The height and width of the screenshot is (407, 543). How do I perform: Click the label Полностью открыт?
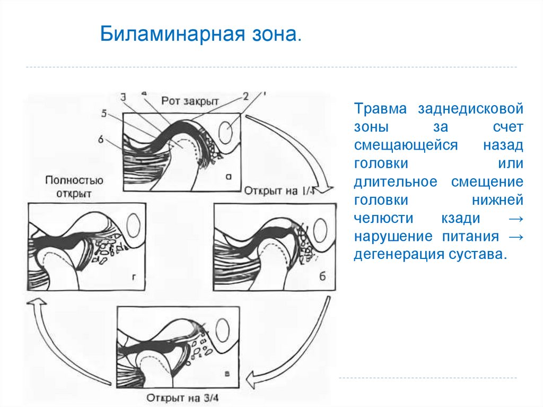click(74, 186)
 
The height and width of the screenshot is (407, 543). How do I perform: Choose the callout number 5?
click(104, 113)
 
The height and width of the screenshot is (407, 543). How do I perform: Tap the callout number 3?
click(123, 97)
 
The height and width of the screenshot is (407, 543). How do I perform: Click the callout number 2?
click(246, 97)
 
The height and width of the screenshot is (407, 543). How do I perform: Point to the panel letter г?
click(135, 277)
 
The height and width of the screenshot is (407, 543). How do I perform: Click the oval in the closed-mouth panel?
click(226, 131)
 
